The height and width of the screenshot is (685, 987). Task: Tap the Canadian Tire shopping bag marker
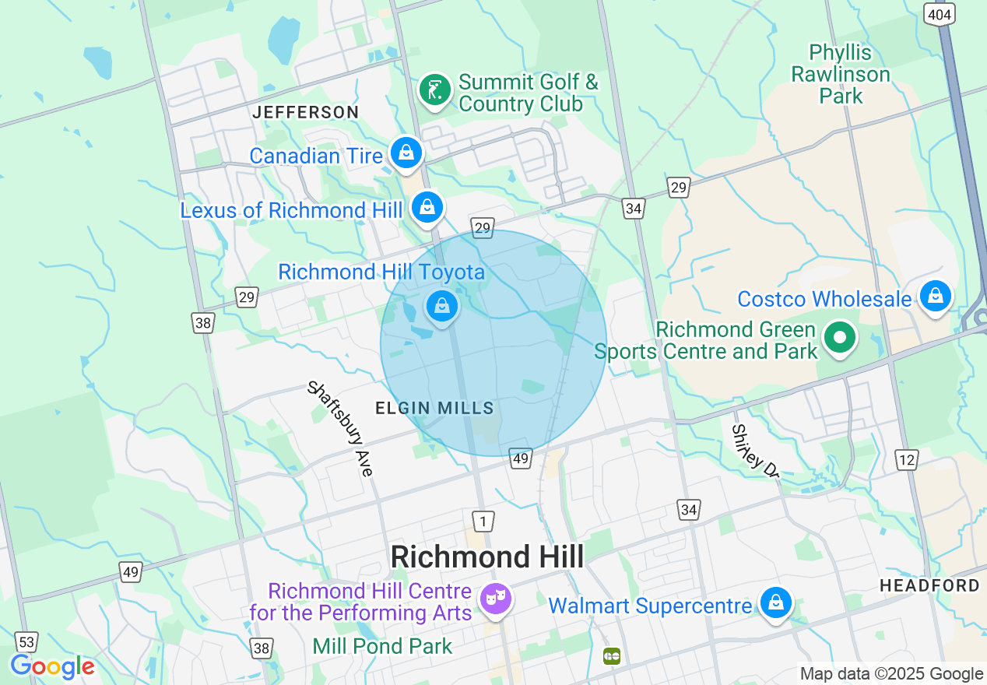pos(406,153)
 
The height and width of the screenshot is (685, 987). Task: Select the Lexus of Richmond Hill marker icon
pos(427,207)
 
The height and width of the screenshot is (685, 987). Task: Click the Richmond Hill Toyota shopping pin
pos(442,306)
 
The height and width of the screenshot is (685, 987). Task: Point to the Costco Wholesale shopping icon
pos(936,297)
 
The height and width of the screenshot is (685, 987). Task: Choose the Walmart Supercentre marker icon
pos(775,603)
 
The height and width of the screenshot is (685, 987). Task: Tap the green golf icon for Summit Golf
pos(435,90)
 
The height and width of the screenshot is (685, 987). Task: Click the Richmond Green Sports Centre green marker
pos(841,338)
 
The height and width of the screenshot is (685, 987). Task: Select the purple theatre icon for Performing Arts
pos(496,599)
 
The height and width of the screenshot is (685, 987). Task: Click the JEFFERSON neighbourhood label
pos(305,112)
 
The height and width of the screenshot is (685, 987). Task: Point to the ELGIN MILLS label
pos(434,408)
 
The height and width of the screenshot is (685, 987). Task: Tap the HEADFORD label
pos(929,585)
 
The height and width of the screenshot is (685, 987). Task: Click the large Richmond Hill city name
pos(486,557)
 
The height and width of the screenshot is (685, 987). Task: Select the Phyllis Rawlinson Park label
pos(841,75)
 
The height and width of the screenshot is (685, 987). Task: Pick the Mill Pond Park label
pos(382,646)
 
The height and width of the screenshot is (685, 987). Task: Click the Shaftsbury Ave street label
pos(341,427)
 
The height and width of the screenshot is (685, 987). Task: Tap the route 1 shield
pos(483,520)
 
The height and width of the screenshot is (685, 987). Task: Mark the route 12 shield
pos(907,460)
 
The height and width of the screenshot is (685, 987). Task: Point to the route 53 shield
pos(27,641)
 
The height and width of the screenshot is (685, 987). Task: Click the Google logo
pos(52,666)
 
